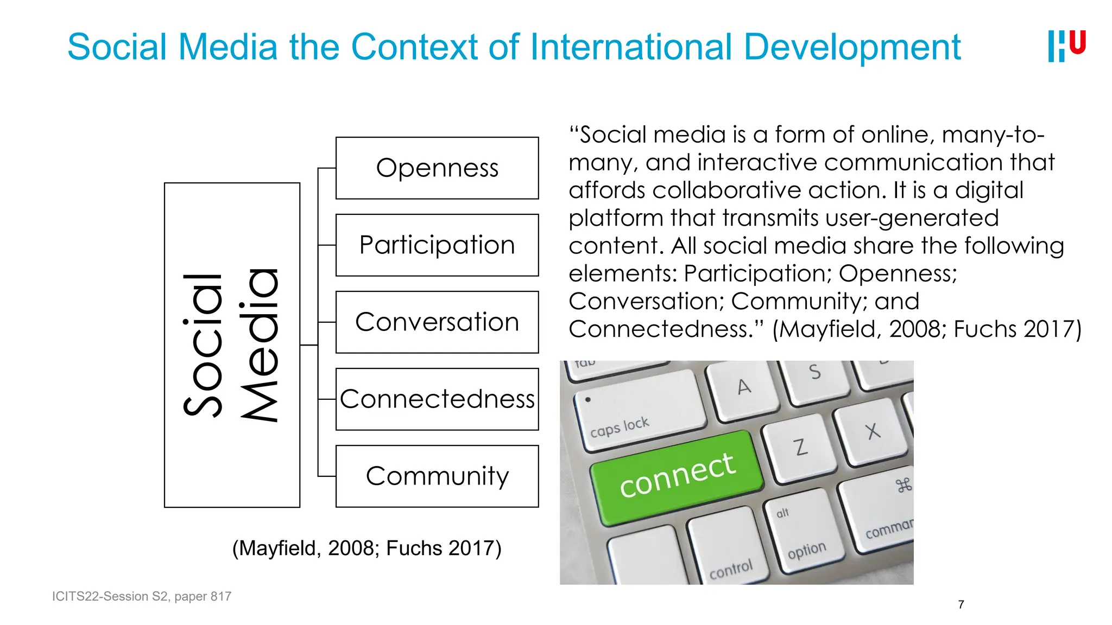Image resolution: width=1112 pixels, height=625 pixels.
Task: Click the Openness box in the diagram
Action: (x=437, y=168)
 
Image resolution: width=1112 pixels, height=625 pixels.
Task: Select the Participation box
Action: (x=437, y=245)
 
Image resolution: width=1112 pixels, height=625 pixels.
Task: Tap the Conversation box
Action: (x=437, y=322)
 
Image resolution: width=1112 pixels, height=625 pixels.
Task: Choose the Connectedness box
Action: (x=437, y=399)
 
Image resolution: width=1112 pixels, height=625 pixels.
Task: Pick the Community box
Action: (x=437, y=476)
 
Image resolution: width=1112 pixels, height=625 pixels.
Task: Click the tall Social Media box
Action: (x=232, y=345)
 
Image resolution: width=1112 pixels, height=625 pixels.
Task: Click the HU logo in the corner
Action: (x=1066, y=46)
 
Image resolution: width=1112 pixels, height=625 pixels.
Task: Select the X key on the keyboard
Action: (x=871, y=431)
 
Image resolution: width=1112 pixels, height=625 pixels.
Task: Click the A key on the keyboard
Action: (x=743, y=388)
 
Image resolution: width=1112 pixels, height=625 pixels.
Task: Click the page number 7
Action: (x=961, y=604)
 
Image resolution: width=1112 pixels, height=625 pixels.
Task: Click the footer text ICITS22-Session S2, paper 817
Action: (x=142, y=596)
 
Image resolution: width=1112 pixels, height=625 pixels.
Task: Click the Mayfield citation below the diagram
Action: (x=367, y=548)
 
